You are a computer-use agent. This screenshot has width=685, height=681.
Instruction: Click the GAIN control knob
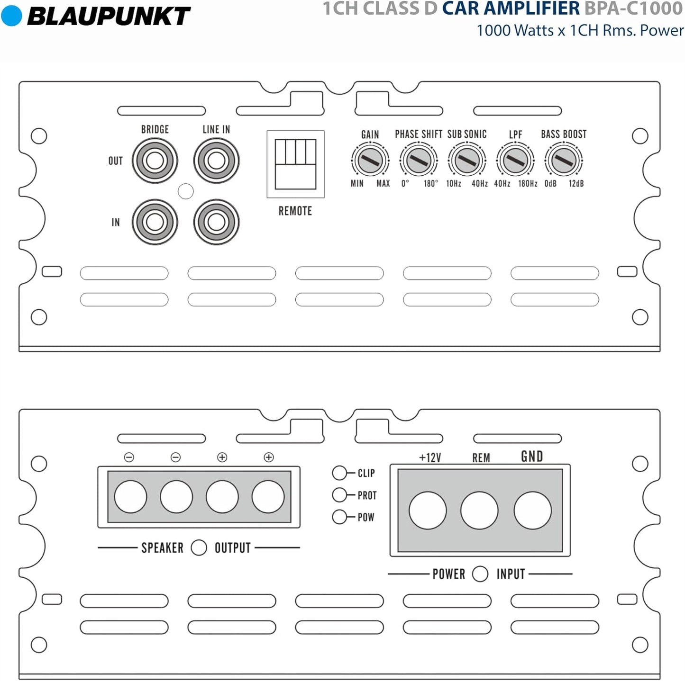370,161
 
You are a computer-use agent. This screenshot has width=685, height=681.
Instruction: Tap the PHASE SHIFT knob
419,161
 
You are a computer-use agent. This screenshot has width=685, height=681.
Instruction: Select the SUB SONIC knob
467,161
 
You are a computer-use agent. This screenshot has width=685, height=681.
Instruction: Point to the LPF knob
515,161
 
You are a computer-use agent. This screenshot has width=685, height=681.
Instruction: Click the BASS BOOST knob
564,161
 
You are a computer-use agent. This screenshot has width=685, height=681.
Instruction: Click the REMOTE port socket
295,164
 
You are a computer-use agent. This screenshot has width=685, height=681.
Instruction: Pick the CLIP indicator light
339,473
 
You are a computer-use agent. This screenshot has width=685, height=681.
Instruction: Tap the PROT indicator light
339,495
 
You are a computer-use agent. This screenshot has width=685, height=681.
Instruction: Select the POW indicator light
339,517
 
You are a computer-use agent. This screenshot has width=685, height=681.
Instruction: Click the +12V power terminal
428,511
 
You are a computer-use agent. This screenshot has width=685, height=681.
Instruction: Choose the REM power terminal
479,511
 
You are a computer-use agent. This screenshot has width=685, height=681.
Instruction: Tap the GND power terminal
532,511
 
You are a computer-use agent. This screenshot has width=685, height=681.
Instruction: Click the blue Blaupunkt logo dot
12,16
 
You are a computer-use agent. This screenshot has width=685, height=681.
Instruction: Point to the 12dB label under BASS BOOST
576,184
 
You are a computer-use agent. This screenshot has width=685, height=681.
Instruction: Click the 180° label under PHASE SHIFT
431,184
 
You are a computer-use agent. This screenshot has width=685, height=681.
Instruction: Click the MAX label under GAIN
383,184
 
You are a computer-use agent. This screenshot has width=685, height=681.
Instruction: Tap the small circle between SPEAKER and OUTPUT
199,547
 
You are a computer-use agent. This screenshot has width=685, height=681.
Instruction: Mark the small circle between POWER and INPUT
480,574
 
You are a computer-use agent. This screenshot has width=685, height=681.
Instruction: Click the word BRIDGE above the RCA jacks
155,129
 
